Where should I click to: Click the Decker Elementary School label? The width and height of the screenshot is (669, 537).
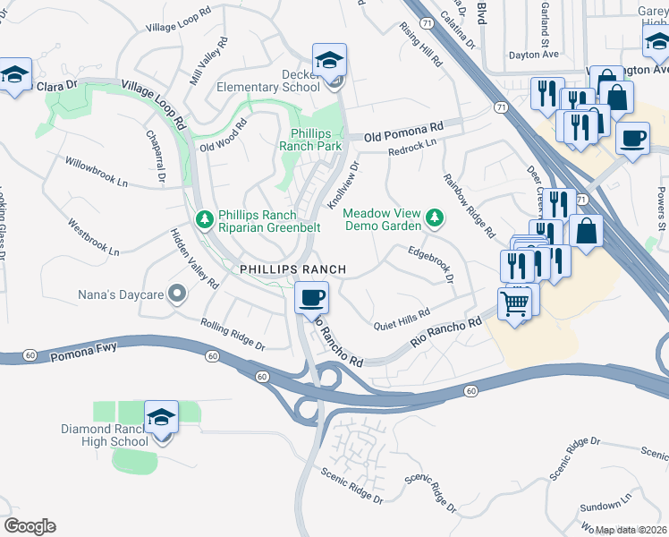tap(268, 81)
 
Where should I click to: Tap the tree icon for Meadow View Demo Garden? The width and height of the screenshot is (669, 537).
tap(435, 217)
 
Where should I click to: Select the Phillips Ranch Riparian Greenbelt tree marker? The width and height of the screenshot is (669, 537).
tap(204, 219)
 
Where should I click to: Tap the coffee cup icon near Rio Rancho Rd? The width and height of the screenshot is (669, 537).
tap(311, 297)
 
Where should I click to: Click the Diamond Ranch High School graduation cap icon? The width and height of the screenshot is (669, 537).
tap(162, 417)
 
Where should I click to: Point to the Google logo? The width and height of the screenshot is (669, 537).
tap(30, 526)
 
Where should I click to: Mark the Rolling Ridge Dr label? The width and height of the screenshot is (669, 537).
tap(233, 335)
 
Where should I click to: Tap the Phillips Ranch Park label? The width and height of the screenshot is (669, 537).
tap(310, 139)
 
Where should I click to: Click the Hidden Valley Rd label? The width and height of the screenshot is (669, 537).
tap(195, 258)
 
